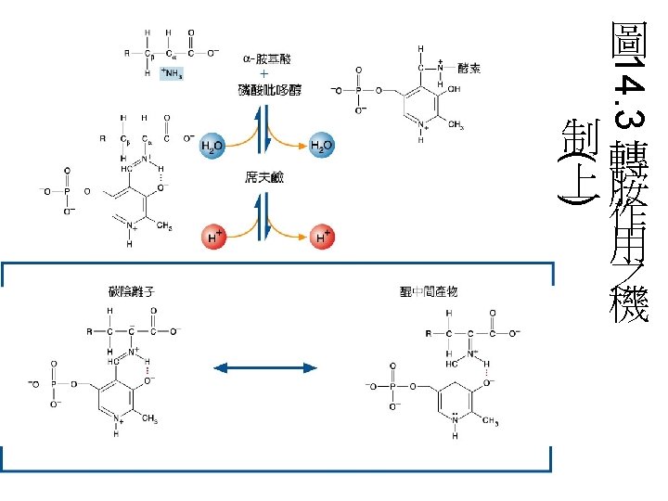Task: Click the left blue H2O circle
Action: (213, 146)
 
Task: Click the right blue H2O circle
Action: (322, 146)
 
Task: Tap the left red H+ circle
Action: (213, 238)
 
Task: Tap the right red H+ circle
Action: (322, 238)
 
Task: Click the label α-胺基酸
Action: (265, 58)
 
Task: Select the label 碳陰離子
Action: (132, 291)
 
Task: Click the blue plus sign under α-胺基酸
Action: (264, 73)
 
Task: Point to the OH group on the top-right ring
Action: (454, 90)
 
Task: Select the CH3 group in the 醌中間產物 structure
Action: (490, 422)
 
